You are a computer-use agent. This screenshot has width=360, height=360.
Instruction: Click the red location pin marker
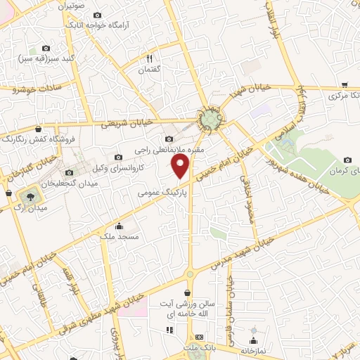pyautogui.click(x=181, y=167)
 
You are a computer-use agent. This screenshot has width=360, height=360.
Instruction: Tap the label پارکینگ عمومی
pyautogui.click(x=162, y=191)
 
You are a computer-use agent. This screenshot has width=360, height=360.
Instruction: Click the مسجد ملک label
pyautogui.click(x=119, y=238)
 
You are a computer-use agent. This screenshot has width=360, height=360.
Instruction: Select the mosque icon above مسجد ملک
pyautogui.click(x=119, y=226)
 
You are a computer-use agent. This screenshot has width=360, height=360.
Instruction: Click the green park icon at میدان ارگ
pyautogui.click(x=31, y=194)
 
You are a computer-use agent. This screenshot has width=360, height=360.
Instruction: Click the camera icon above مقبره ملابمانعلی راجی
pyautogui.click(x=169, y=139)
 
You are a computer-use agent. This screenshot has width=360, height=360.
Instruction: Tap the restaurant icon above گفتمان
pyautogui.click(x=150, y=58)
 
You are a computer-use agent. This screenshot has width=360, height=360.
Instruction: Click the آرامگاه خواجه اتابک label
pyautogui.click(x=96, y=25)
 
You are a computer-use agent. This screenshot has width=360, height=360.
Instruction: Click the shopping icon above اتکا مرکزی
pyautogui.click(x=344, y=83)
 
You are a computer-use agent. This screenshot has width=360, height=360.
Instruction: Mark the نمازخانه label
pyautogui.click(x=252, y=349)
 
